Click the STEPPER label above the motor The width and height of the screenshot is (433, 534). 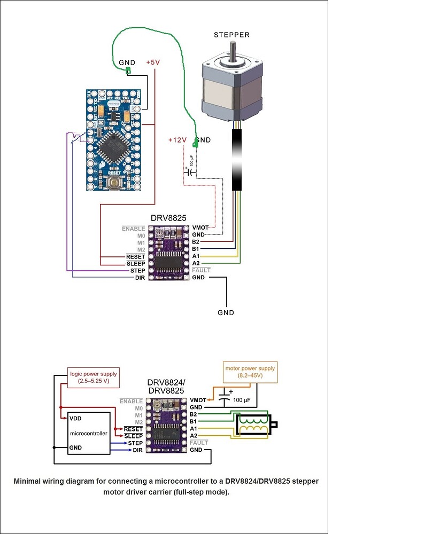click(231, 35)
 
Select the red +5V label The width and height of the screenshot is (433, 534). click(153, 62)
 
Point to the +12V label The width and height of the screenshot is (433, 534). click(177, 140)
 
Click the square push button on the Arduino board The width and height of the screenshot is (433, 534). click(114, 184)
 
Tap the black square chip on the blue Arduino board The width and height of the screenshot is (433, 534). click(113, 145)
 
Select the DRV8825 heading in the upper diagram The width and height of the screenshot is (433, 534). click(168, 219)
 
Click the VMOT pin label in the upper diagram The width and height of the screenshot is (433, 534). click(200, 227)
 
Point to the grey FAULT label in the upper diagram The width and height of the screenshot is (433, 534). click(201, 270)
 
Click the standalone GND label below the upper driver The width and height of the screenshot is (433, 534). click(226, 312)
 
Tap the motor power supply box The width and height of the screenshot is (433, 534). click(250, 372)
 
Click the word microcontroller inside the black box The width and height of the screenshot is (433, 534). click(88, 433)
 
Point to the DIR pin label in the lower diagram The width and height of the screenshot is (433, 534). click(137, 450)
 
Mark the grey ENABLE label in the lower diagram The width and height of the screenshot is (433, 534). click(131, 401)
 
